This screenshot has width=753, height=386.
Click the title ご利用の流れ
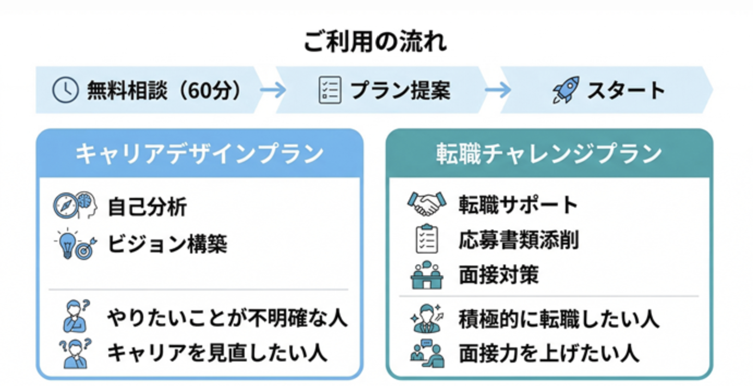coord(375,41)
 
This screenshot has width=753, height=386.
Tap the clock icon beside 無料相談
coord(65,90)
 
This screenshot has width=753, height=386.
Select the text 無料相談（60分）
coord(165,90)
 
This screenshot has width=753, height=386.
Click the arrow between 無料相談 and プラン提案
coord(272,90)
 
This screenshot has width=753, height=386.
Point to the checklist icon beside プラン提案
coord(330,90)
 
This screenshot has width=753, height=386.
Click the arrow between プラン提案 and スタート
coord(497,90)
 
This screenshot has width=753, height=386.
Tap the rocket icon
coord(566,89)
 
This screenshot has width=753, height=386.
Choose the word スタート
coord(626,90)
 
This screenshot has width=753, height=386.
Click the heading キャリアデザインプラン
coord(199,154)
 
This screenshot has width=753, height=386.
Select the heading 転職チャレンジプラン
coord(549,154)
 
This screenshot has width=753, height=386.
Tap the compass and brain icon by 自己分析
coord(75,205)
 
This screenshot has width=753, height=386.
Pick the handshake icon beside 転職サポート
coord(427,203)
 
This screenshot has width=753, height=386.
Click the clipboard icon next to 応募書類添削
coord(427,238)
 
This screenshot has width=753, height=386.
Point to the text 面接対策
coord(499,275)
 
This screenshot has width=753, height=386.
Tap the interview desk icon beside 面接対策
coord(427,275)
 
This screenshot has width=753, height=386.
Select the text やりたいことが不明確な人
coord(227,318)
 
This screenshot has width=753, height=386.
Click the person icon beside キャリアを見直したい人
coord(75,353)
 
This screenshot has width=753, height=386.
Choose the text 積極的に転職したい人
coord(559,319)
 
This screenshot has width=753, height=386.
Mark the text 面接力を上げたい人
coord(549,354)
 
